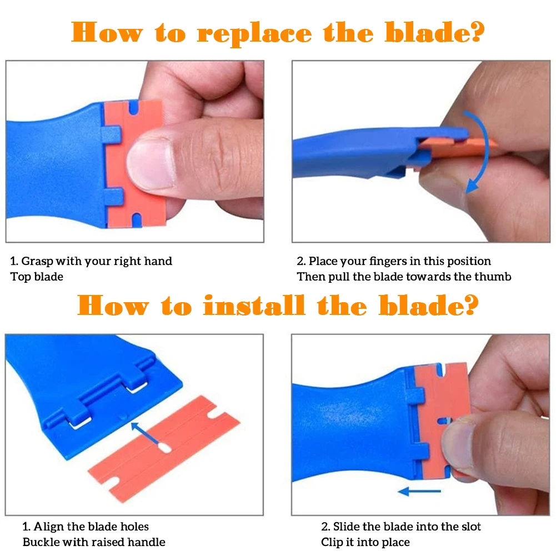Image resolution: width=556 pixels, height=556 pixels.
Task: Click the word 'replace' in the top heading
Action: (254, 33)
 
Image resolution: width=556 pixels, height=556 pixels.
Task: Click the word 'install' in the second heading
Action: (254, 305)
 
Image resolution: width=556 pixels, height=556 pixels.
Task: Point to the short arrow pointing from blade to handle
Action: (144, 433)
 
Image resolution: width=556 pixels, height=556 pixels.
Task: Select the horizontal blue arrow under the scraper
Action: (419, 492)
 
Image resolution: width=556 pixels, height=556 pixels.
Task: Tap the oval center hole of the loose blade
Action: (164, 448)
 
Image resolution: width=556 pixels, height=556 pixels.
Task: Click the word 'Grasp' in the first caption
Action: (37, 262)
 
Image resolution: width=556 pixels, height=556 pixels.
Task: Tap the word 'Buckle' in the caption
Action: (40, 542)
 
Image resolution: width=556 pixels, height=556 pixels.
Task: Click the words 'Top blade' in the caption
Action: (37, 277)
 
